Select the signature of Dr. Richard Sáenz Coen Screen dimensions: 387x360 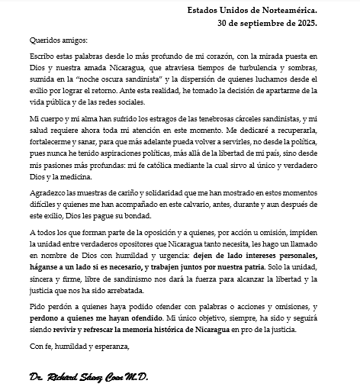(x=87, y=376)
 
